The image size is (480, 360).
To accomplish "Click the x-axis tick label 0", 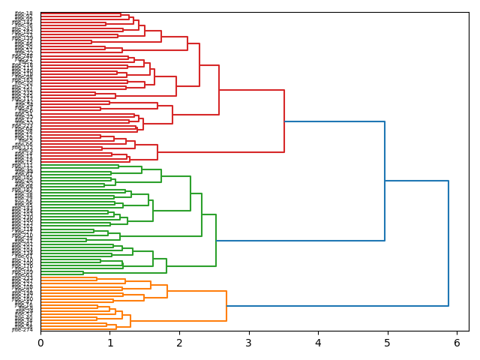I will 40,343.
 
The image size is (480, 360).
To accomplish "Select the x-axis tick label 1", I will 109,343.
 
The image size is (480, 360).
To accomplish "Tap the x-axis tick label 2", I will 179,343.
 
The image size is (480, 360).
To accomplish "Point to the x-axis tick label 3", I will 248,343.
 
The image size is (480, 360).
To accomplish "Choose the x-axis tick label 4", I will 318,343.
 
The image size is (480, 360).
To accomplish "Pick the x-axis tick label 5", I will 387,343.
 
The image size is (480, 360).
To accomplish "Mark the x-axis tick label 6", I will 457,343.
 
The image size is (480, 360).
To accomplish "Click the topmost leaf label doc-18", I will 24,13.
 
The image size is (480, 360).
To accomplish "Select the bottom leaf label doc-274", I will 22,329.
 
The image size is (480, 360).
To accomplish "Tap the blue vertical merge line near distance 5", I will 385,181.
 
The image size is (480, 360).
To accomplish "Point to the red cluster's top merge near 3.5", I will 284,121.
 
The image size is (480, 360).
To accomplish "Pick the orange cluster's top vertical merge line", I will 226,306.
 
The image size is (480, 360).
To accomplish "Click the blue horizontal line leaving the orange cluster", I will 337,306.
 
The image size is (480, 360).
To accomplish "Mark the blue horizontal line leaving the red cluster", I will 334,121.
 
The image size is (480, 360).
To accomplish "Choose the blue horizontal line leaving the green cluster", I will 300,241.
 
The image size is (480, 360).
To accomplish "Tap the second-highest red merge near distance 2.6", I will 219,90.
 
